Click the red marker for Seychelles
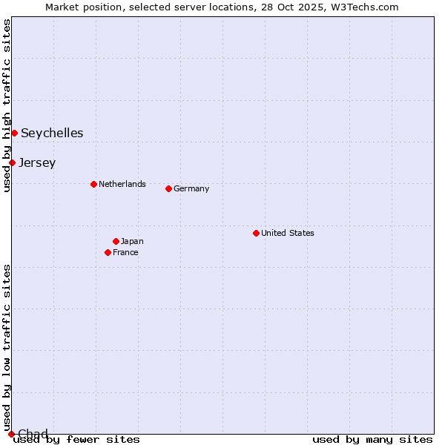[x=14, y=133]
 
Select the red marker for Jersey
[x=12, y=162]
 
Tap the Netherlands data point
[x=93, y=184]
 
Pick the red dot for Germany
[x=168, y=188]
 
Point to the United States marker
[x=256, y=233]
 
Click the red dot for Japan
[x=116, y=241]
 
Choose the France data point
[x=108, y=252]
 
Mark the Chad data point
[x=11, y=434]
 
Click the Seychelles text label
[x=52, y=133]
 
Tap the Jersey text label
[x=37, y=163]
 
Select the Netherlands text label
[x=122, y=184]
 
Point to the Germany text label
[x=191, y=188]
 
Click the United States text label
[x=288, y=233]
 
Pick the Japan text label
[x=132, y=241]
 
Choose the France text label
[x=125, y=252]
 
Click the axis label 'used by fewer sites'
[x=77, y=439]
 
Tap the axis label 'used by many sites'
[x=372, y=439]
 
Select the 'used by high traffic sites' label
[x=7, y=105]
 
